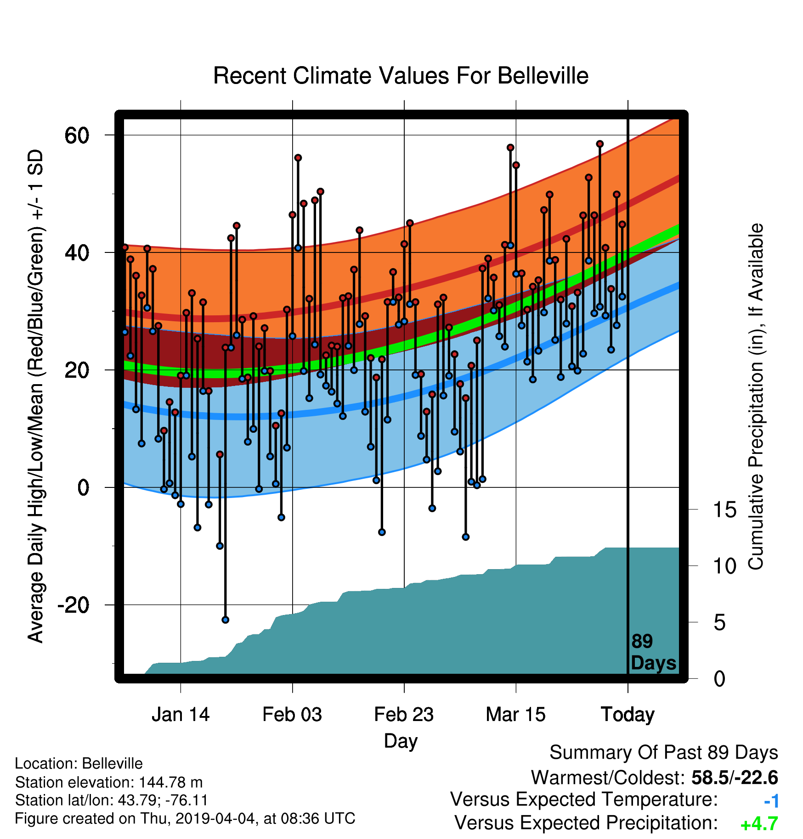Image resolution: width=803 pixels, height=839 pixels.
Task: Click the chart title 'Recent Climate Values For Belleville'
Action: click(x=401, y=76)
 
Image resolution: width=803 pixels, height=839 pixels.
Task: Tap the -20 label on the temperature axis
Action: click(x=74, y=605)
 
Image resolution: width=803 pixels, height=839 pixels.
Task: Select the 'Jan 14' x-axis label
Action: click(x=181, y=715)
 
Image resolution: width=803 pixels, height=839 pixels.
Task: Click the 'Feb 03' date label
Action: click(x=292, y=715)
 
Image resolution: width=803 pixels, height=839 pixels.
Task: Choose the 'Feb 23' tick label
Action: click(x=404, y=715)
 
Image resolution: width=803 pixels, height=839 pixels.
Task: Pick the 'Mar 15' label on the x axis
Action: click(x=515, y=715)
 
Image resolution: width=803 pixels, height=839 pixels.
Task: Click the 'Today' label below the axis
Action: click(x=628, y=715)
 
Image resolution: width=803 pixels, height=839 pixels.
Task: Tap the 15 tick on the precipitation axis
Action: click(x=725, y=509)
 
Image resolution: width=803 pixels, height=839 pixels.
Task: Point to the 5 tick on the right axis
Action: click(x=720, y=622)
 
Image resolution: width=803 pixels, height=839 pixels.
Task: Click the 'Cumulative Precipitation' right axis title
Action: click(x=756, y=397)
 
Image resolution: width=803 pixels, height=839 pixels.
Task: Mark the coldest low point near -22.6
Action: click(x=225, y=620)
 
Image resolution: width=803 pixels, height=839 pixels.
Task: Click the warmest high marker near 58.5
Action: click(x=599, y=144)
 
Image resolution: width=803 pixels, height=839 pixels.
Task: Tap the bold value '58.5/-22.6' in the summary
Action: click(x=735, y=777)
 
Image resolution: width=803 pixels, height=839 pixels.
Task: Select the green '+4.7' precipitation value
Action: click(x=759, y=824)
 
